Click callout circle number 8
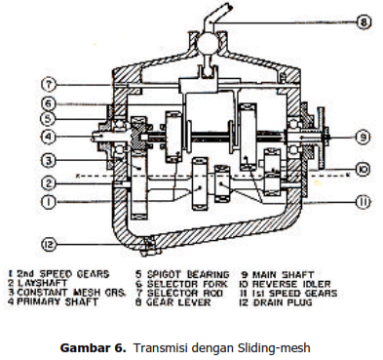pos(364,22)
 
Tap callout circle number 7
pos(49,85)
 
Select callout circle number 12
pos(49,244)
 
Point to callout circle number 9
pos(363,137)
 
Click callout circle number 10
pos(363,169)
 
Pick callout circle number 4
pos(48,137)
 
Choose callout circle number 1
pos(48,202)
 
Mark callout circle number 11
pos(363,202)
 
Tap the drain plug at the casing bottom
pos(149,247)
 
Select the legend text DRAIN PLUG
pos(283,302)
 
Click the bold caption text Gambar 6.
pos(93,348)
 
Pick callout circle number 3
pos(48,160)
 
